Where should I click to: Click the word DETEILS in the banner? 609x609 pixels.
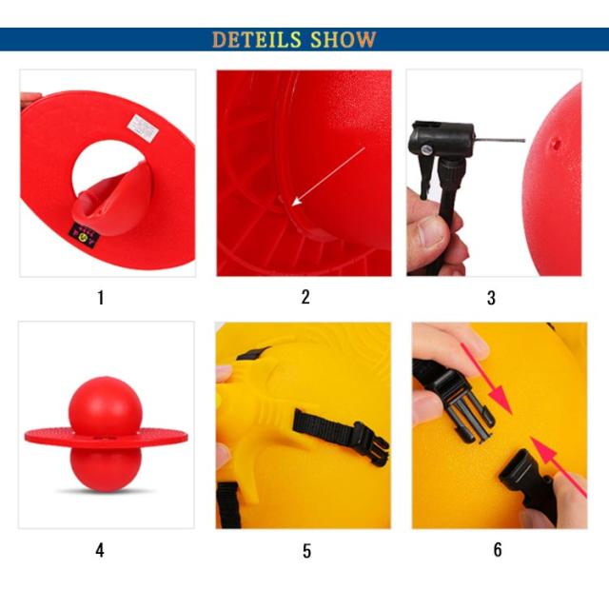point(257,39)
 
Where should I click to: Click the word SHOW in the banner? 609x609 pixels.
point(344,39)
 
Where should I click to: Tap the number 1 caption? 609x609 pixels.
point(101,298)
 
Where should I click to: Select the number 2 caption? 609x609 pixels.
point(305,297)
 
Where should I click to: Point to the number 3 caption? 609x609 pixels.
point(491,298)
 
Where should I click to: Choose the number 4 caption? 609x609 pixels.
point(100,550)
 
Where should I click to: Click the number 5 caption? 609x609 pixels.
point(306,551)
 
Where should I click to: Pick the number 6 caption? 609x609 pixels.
point(498,550)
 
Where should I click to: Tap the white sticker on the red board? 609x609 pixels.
point(143,127)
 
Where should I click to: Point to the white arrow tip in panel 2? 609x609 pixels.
point(293,205)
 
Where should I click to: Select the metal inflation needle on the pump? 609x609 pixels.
point(501,140)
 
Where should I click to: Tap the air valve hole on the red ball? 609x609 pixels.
point(556,144)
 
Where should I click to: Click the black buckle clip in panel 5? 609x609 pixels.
point(370,443)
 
